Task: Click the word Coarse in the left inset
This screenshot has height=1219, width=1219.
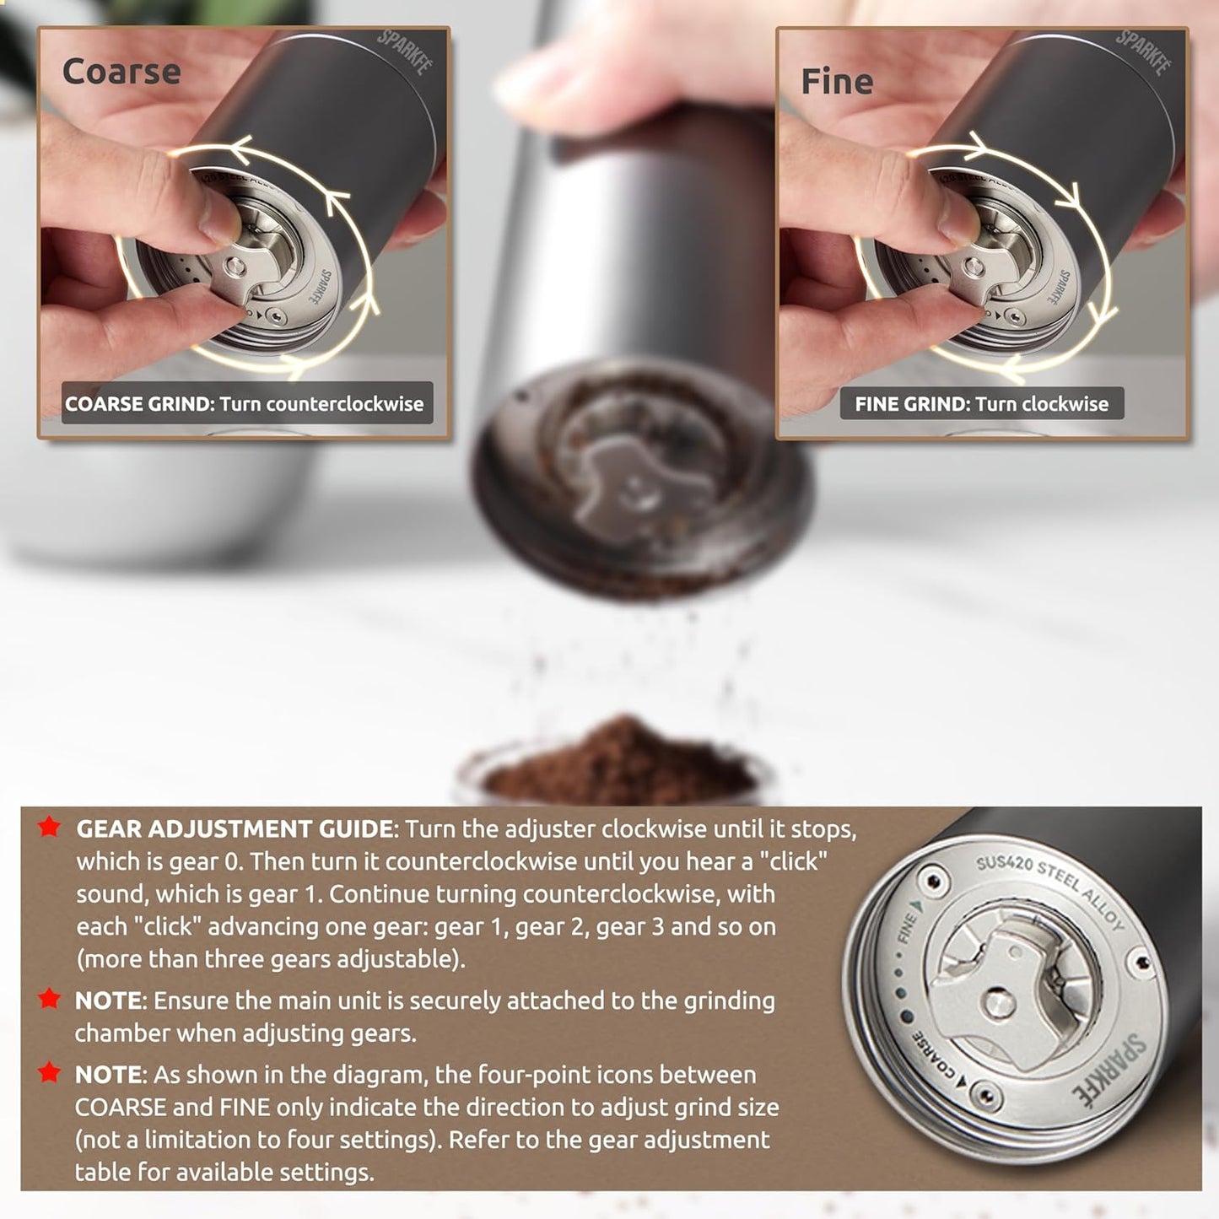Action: click(x=121, y=72)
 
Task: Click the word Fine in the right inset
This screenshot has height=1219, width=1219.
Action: click(x=837, y=82)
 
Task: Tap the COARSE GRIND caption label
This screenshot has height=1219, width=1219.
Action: click(x=245, y=404)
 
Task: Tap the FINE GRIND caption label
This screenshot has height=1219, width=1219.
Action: click(x=981, y=404)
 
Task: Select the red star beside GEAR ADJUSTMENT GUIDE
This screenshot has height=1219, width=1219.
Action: click(x=50, y=828)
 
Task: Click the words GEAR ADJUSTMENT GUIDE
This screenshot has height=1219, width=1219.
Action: click(x=235, y=829)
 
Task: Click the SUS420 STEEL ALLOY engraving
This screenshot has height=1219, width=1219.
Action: click(x=1050, y=891)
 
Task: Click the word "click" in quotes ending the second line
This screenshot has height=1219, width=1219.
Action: click(x=792, y=861)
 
